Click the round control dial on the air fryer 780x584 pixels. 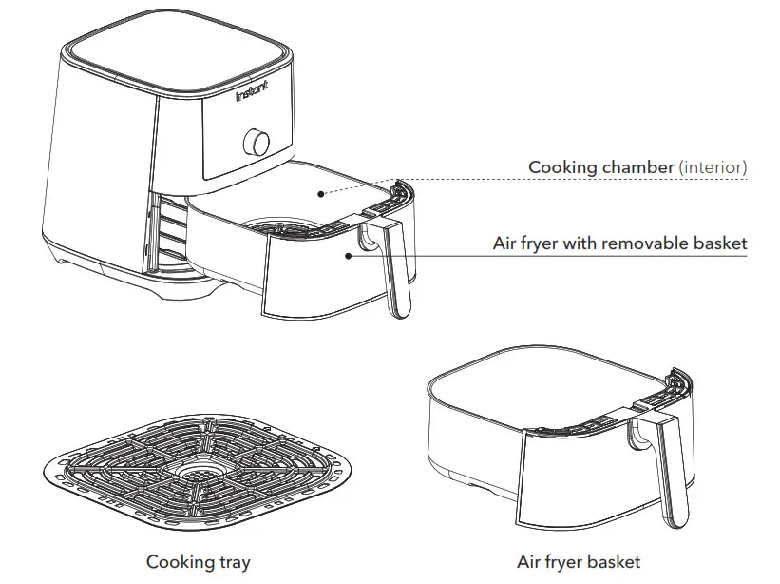(x=257, y=142)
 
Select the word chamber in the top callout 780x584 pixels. (x=637, y=167)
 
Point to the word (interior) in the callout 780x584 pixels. (x=713, y=167)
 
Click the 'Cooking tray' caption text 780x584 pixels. (x=198, y=562)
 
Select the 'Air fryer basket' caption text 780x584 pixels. (x=578, y=562)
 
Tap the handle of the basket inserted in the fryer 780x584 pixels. (x=394, y=271)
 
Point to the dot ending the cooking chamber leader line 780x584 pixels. (x=321, y=193)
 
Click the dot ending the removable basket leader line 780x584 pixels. (x=351, y=254)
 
